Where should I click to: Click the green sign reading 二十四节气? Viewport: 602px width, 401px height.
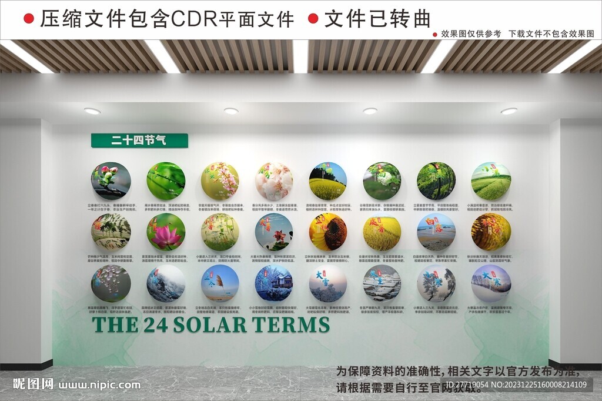coord(139,141)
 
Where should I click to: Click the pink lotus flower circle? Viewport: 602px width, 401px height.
coord(166,232)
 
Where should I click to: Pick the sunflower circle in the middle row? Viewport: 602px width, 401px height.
coord(328,232)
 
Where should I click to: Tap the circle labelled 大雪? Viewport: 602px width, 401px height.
coord(328,283)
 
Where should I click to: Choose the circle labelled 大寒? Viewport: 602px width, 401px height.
coord(491,283)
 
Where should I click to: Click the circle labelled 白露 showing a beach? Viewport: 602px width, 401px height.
coord(436,232)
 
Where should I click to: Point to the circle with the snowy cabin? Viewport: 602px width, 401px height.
coord(274,283)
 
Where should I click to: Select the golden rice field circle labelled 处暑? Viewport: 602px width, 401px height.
coord(382,232)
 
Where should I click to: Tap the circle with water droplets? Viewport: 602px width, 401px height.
coord(111,283)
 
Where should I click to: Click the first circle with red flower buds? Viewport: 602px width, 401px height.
coord(111,181)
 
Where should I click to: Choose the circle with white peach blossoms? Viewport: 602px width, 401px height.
coord(274,181)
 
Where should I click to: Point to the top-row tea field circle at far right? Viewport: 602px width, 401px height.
coord(491,181)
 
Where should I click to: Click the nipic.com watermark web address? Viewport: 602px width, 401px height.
coord(100,385)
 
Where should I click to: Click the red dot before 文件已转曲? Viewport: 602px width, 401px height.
coord(313,19)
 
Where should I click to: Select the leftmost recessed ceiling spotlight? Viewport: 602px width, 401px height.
coord(92,111)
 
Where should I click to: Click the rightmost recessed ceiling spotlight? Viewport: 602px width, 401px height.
coord(509,111)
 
